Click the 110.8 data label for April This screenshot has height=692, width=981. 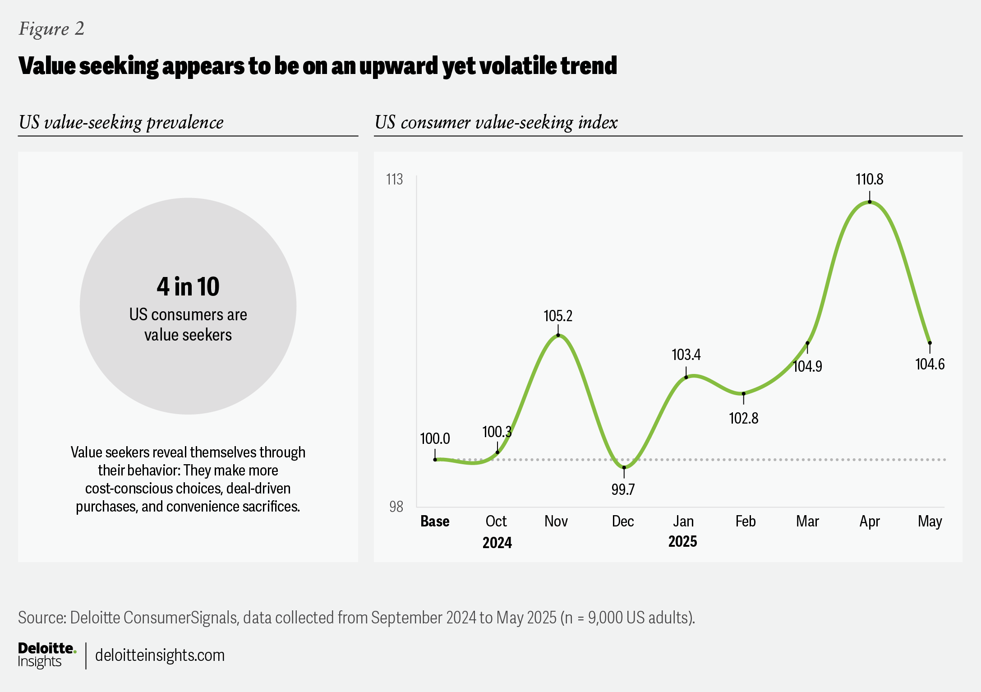coord(869,180)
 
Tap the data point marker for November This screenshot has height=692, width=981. coord(558,335)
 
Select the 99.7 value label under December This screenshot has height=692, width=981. coord(623,489)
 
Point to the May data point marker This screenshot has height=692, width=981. coord(930,343)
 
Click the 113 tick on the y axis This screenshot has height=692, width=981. coord(395,180)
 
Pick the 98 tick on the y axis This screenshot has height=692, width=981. coord(396,507)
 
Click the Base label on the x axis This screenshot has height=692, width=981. coord(435,521)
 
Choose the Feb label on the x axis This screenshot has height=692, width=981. coord(745,521)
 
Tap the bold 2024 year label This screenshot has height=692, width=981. coord(497,542)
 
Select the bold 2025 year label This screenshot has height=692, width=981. coord(682,541)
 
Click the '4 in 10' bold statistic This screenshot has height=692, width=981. coord(188,287)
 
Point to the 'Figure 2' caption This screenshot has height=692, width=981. coord(51,29)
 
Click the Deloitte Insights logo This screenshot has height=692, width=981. coord(46,655)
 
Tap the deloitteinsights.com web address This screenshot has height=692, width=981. coord(160,655)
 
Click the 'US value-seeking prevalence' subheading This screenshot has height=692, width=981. coord(121,122)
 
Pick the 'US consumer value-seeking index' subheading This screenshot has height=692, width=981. coord(496,122)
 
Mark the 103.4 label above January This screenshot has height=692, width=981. coord(686,355)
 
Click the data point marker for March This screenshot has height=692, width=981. coord(807,343)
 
